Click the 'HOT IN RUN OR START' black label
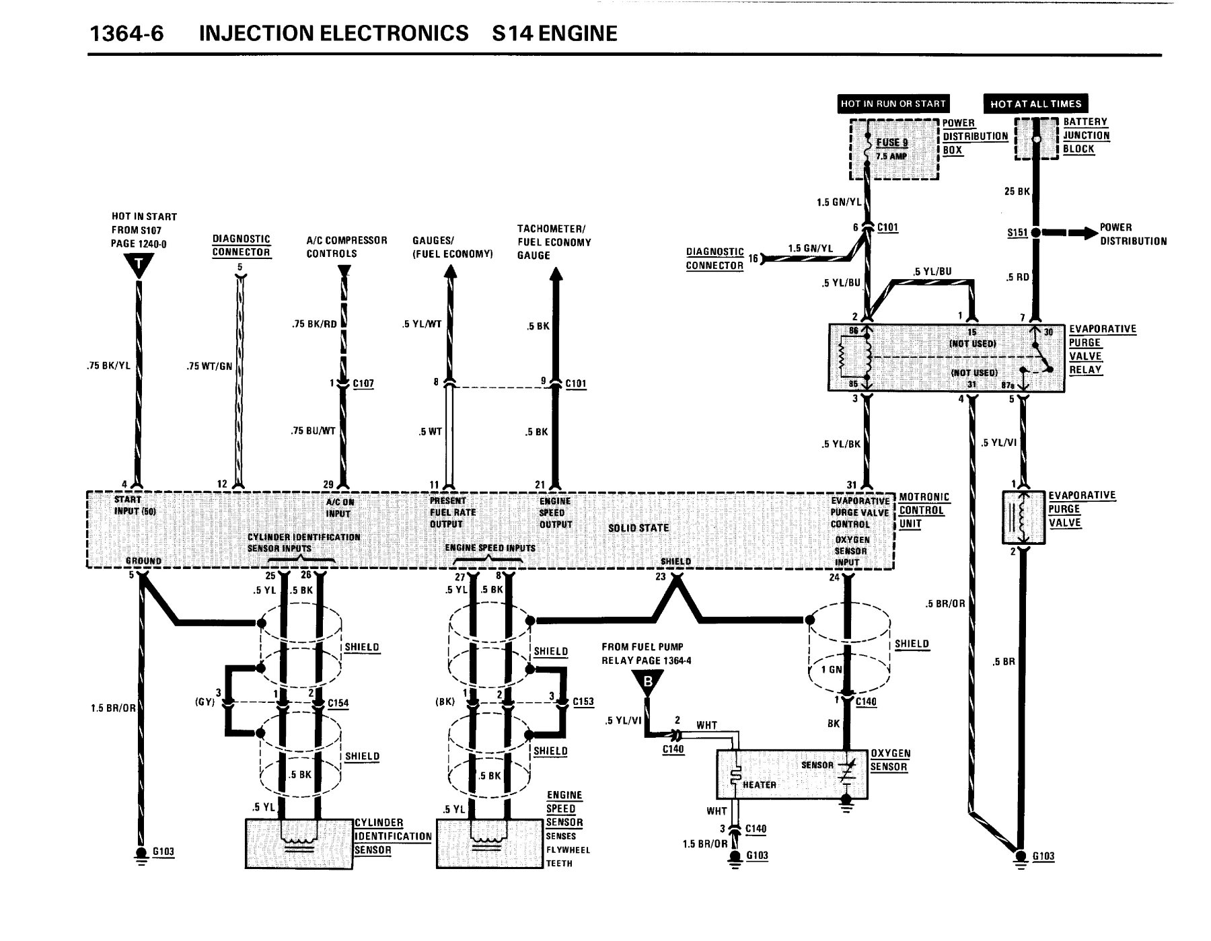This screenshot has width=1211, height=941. pos(893,104)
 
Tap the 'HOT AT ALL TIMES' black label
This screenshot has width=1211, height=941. pos(1035,104)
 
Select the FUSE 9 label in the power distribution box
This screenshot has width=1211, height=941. pos(891,143)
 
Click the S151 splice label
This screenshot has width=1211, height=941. pos(1017,233)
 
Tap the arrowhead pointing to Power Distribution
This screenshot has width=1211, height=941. pos(1085,233)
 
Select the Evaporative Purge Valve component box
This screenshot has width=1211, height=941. pos(1023,517)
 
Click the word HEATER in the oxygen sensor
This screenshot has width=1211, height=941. pos(759,785)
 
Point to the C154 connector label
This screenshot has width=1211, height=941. pos(338,703)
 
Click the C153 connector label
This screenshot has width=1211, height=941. pos(583,702)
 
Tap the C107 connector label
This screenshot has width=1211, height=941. pos(363,383)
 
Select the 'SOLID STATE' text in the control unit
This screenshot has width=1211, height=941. pos(638,528)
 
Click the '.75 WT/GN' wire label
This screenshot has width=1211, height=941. pos(209,367)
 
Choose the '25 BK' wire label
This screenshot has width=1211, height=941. pos(1017,192)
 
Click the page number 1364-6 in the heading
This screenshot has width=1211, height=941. pos(126,34)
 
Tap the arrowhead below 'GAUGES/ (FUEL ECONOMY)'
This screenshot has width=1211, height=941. pos(450,272)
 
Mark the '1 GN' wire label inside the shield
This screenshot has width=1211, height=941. pos(831,669)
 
